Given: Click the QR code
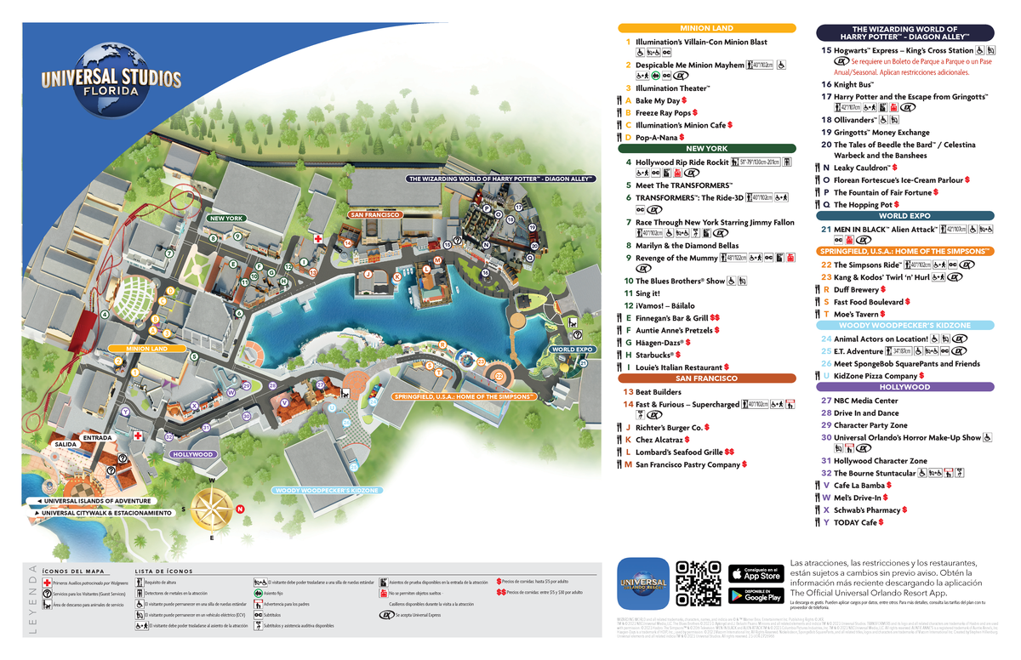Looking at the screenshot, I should pos(698,583).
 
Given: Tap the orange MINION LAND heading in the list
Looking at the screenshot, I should pos(706,28).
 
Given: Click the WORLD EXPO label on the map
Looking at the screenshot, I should pos(572,350).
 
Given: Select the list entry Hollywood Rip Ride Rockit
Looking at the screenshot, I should pos(682,162).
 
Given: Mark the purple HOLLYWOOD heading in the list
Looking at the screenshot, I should pos(904,387).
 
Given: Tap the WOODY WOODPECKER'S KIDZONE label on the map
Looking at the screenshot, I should pos(327,491).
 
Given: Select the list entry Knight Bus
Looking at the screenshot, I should pos(853,85).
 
